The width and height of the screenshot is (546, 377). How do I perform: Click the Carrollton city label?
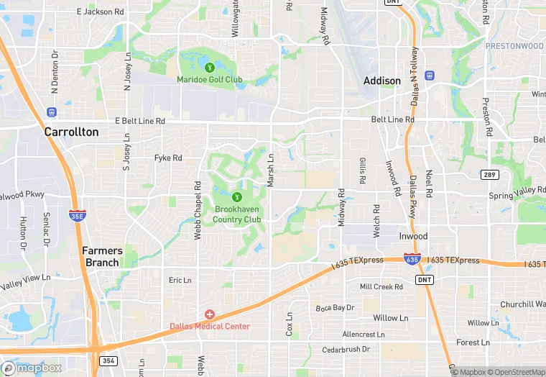[71, 132]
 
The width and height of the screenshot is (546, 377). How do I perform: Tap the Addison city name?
[382, 81]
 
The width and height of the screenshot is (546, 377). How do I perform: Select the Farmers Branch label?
[102, 256]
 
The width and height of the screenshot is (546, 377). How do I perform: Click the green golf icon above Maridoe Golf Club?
[209, 68]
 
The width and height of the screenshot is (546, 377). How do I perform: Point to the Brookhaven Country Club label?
[238, 214]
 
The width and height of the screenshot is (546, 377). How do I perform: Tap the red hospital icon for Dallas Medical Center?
[210, 314]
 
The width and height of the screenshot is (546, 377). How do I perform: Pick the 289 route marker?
[489, 175]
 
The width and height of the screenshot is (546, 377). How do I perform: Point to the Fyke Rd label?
[168, 158]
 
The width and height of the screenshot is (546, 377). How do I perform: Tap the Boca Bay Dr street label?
[335, 308]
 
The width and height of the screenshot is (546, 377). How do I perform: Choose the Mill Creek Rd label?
[381, 286]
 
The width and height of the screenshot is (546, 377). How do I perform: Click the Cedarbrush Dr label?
[346, 349]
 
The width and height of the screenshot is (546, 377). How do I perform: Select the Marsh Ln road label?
[271, 171]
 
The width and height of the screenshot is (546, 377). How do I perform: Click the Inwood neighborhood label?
[413, 236]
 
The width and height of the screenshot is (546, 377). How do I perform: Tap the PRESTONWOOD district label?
[514, 46]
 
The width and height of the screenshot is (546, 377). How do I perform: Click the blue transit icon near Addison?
[430, 75]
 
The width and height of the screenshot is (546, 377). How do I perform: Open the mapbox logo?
[32, 368]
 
